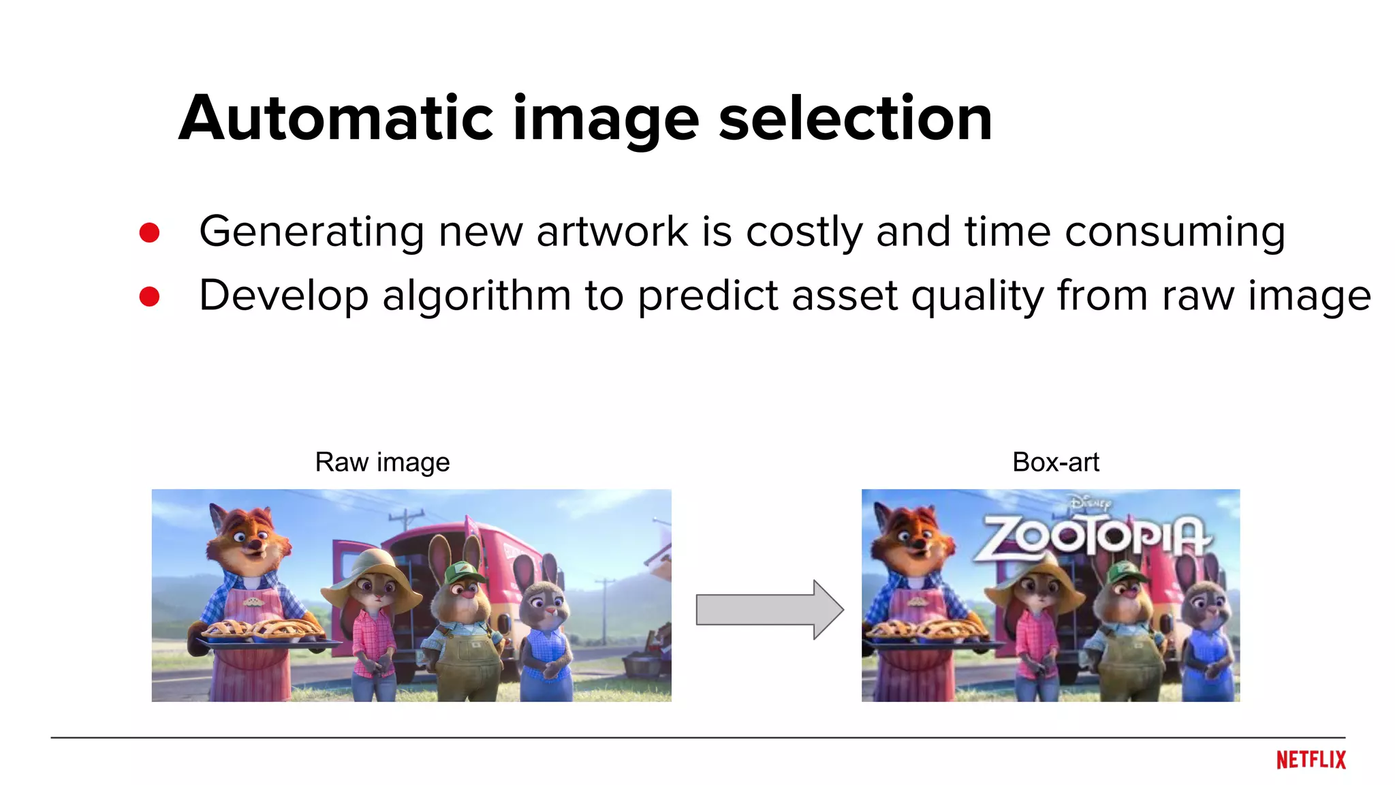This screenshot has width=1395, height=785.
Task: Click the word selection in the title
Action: coord(855,119)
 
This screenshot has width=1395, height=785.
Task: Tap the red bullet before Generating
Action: coord(149,232)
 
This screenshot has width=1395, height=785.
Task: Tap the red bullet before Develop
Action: coord(149,296)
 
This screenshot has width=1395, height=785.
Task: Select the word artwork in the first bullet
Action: coord(612,232)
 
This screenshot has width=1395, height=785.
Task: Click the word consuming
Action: coord(1175,233)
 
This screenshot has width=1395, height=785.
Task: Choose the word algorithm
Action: coord(476,297)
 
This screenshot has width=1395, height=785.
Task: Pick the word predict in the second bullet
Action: coord(708,297)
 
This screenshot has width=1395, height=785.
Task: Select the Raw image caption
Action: coord(382,462)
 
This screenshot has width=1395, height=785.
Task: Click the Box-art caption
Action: coord(1055,462)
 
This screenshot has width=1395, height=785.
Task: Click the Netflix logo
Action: coord(1311,760)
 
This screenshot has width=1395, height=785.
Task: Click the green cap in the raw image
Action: coord(463,572)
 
